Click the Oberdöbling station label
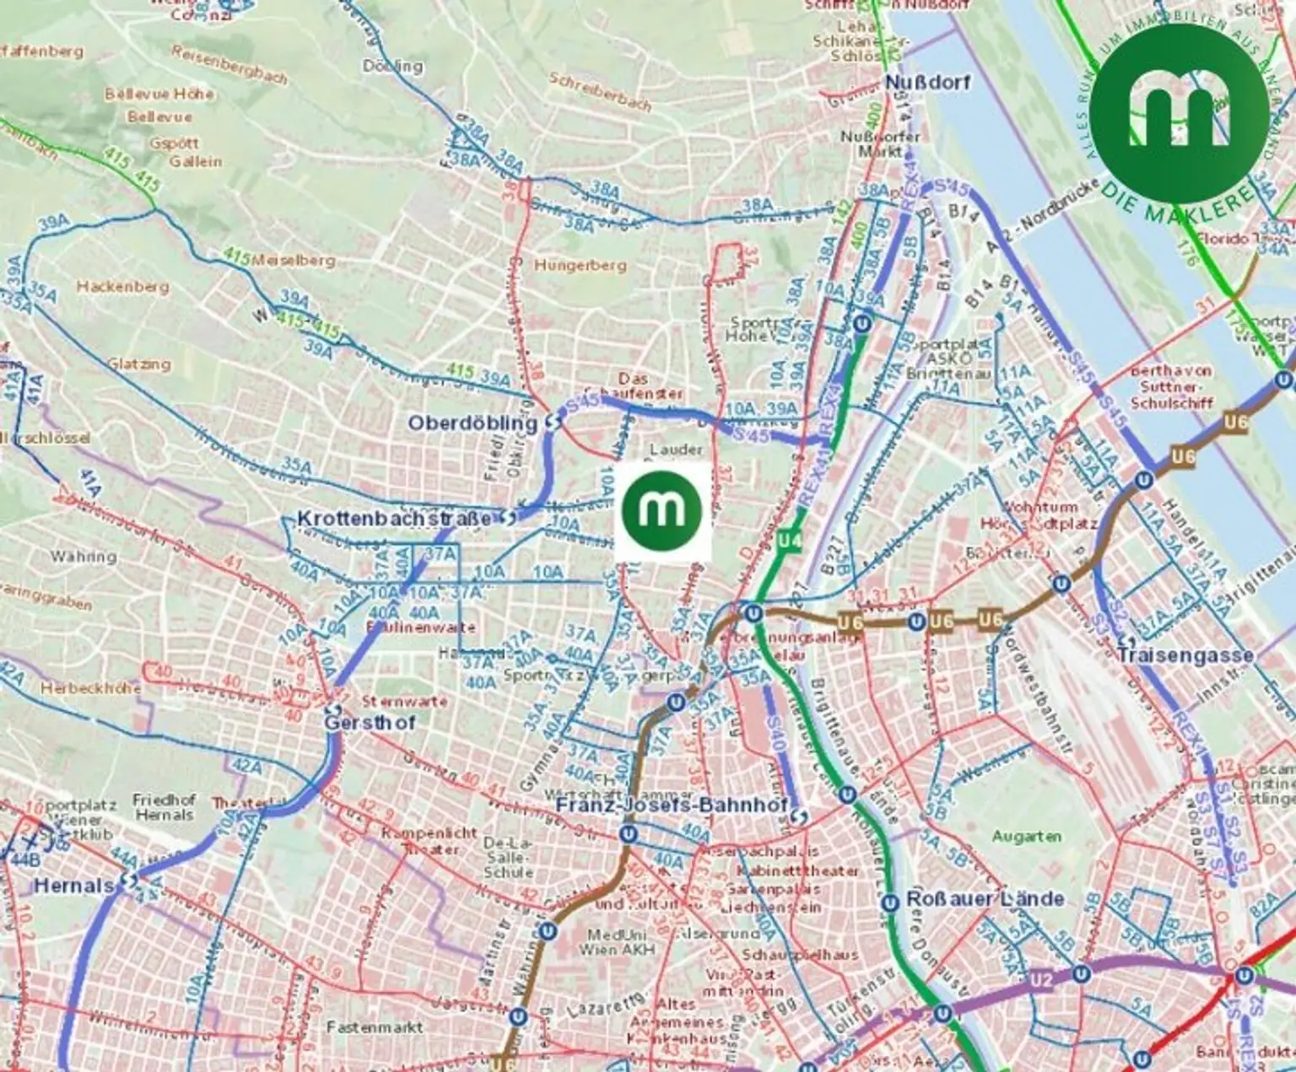click(472, 423)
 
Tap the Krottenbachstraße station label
click(393, 519)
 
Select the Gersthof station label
click(370, 723)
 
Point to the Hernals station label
click(74, 886)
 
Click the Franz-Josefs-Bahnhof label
click(672, 805)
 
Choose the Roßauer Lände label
click(985, 899)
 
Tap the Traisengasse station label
click(1185, 655)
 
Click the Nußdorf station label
click(927, 82)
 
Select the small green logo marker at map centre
click(662, 511)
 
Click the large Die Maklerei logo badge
click(1180, 113)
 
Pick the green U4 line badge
click(789, 539)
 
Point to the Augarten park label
click(1026, 837)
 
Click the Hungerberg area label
click(580, 266)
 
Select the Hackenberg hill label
click(123, 287)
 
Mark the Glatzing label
click(139, 364)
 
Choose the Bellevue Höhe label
click(159, 94)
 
